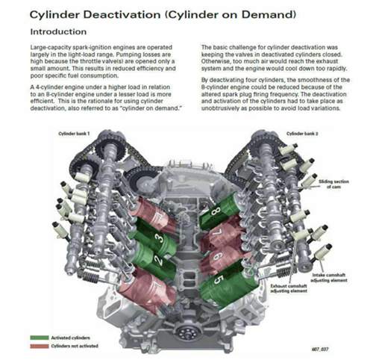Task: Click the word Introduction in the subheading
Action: tap(58, 32)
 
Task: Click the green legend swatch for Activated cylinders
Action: tap(39, 338)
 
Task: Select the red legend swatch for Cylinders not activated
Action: tap(39, 345)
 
